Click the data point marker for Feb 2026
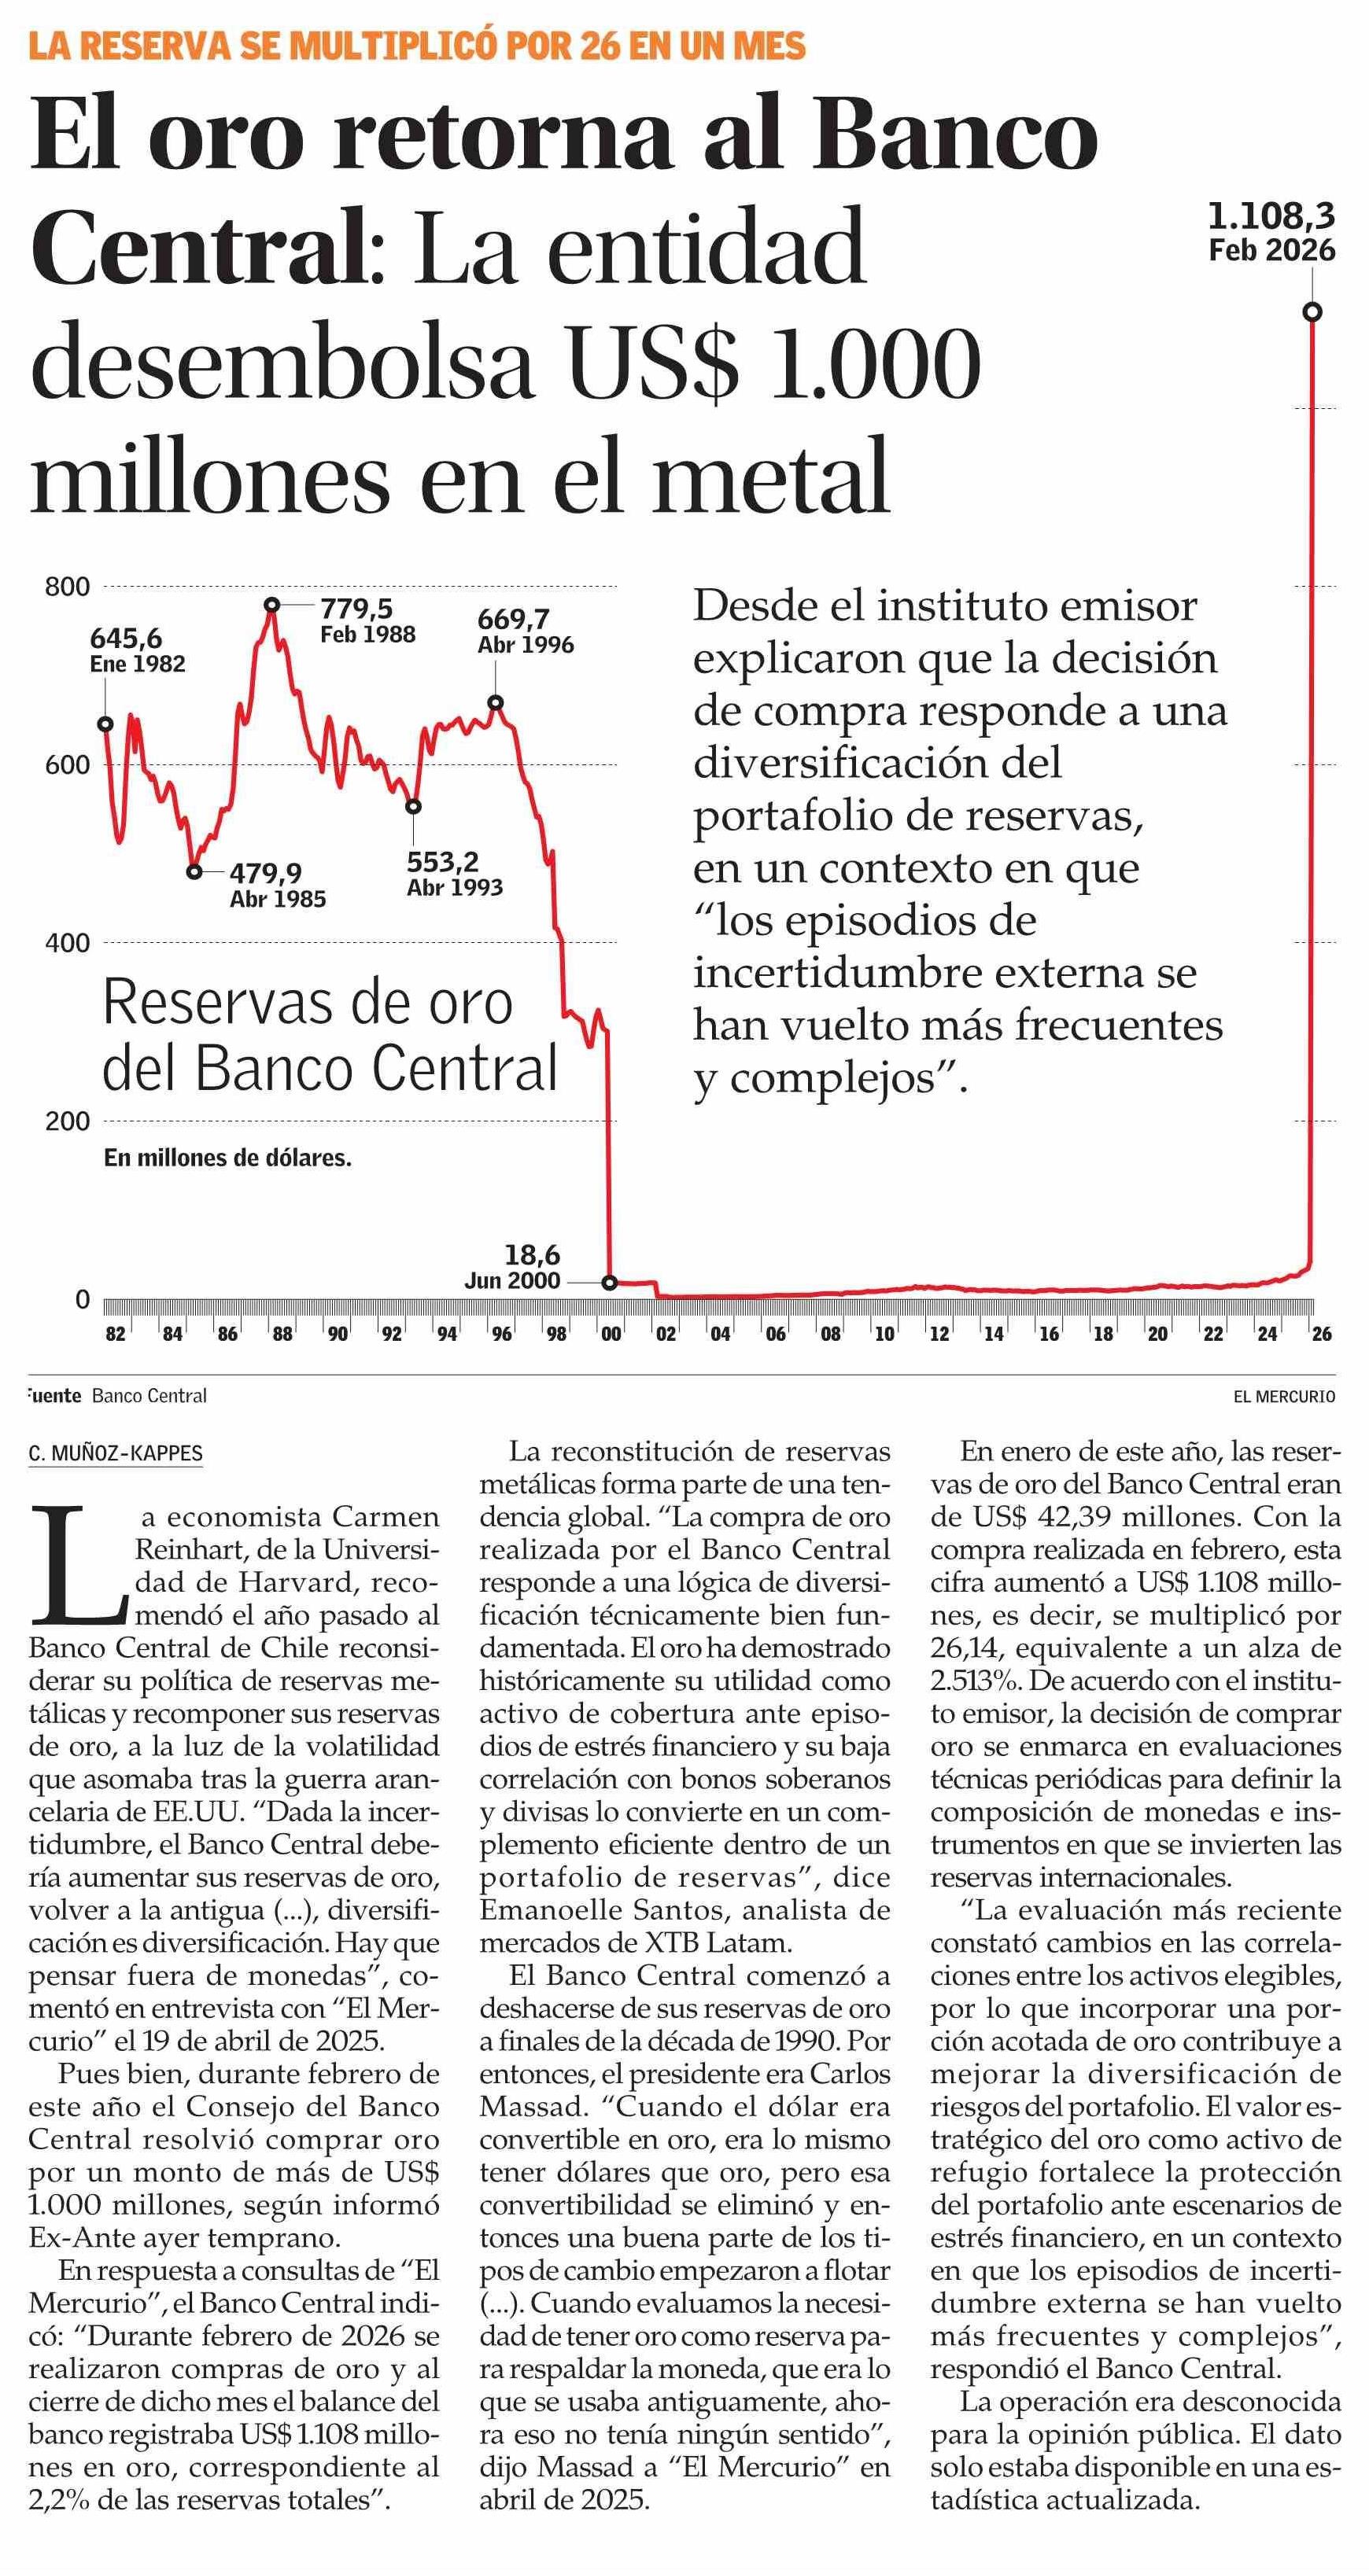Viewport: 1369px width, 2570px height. coord(1312,311)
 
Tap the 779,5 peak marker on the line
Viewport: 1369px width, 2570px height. coord(272,605)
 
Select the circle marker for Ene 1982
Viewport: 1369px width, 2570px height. coord(105,724)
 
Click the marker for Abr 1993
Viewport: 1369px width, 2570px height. coord(413,806)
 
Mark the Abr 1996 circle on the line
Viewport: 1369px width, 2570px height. coord(495,703)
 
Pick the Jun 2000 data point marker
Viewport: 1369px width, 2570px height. coord(610,1282)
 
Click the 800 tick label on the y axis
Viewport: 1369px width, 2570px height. coord(67,587)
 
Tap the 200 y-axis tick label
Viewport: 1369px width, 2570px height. coord(67,1121)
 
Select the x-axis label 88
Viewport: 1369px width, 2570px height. coord(282,1334)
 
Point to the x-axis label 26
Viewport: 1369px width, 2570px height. coord(1321,1334)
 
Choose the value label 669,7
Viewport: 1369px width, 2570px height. coord(513,620)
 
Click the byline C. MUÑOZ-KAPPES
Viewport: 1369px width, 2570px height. coord(116,1453)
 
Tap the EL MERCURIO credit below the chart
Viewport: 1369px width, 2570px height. coord(1284,1396)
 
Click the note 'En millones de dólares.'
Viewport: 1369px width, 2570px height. coord(227,1158)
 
